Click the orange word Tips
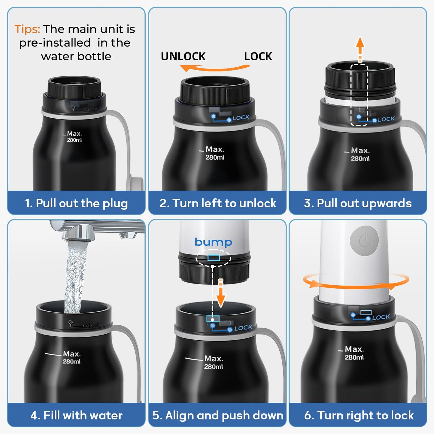tap(27, 29)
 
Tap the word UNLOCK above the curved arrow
tap(183, 56)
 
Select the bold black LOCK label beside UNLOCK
tap(258, 56)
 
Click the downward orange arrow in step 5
tap(221, 293)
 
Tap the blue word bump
tap(213, 242)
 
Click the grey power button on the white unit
tap(364, 241)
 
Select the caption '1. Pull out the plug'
tap(76, 203)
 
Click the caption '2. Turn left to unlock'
tap(217, 203)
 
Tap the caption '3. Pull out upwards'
tap(358, 203)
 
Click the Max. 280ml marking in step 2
tap(214, 153)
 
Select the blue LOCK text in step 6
tap(381, 317)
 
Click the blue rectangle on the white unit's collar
tap(214, 257)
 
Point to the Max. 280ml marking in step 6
tap(354, 353)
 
